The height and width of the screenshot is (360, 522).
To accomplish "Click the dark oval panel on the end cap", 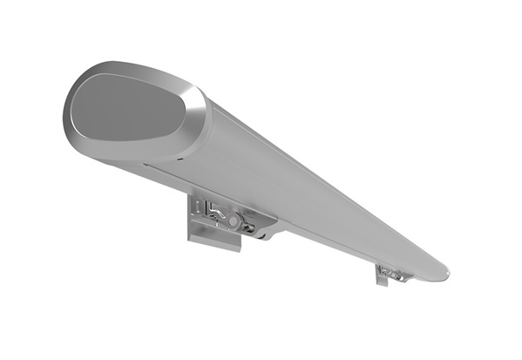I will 127,109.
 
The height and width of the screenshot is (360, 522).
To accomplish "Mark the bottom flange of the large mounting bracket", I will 214,237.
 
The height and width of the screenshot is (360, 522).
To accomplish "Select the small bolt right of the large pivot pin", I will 250,228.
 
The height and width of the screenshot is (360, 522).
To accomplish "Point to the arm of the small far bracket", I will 397,276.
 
